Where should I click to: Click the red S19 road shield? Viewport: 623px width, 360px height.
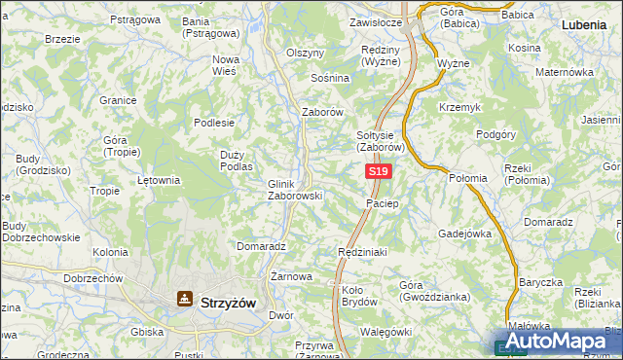coord(379,171)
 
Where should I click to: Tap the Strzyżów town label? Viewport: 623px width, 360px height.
coord(227,303)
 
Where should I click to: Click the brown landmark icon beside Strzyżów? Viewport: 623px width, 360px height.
coord(182,300)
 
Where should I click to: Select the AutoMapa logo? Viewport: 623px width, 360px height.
coord(559,342)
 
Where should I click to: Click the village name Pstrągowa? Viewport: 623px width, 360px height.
coord(135,19)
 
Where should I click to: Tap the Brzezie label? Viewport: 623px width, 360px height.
coord(62,39)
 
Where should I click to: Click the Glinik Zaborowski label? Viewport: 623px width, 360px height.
coord(294,189)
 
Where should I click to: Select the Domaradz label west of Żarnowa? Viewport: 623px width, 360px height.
coord(260,247)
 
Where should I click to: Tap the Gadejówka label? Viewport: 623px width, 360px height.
coord(465,234)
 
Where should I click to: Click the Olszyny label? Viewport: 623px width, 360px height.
coord(305,53)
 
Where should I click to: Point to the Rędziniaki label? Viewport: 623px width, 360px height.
coord(362,252)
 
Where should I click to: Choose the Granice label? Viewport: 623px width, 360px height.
coord(117,99)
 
